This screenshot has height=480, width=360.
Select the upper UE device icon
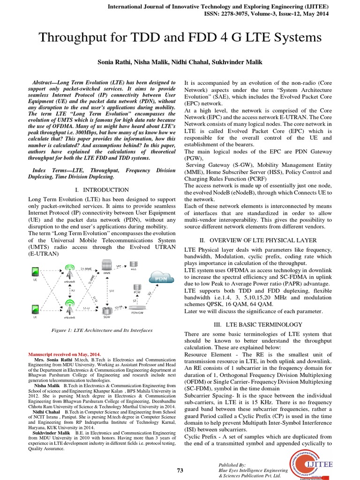[35, 271]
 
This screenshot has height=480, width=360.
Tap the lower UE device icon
[35, 309]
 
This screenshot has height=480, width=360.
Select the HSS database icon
[134, 266]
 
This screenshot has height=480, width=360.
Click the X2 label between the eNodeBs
[73, 290]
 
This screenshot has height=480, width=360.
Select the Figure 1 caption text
[102, 330]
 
